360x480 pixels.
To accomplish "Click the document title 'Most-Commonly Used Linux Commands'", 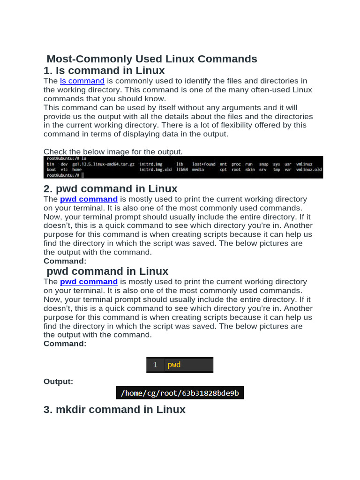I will click(x=152, y=59).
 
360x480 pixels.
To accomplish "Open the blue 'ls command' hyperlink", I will click(x=82, y=81).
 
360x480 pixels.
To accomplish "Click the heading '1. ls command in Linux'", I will click(x=104, y=71).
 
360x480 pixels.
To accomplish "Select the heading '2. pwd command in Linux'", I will click(x=110, y=189).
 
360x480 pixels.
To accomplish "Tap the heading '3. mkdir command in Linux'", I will click(x=114, y=410).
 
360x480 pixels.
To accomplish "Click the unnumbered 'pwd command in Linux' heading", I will click(x=107, y=271).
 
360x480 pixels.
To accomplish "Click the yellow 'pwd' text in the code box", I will click(x=174, y=365).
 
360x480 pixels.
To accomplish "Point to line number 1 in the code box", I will click(x=155, y=365).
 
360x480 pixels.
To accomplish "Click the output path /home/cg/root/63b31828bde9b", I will click(x=180, y=393).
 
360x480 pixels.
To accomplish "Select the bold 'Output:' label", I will click(x=58, y=382).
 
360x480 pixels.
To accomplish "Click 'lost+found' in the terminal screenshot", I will click(x=204, y=164).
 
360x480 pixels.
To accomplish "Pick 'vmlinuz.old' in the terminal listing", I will click(x=309, y=170).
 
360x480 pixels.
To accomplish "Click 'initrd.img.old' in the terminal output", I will click(x=156, y=170).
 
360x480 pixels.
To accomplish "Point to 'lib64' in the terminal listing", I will click(x=182, y=170).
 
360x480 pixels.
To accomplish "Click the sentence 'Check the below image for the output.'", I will click(x=113, y=151).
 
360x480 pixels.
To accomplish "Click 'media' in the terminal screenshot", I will click(x=198, y=170).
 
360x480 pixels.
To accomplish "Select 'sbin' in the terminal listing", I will click(x=250, y=170).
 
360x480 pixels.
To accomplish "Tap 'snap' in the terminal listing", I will click(x=263, y=164).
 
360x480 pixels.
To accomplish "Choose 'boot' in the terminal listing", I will click(x=51, y=170).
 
